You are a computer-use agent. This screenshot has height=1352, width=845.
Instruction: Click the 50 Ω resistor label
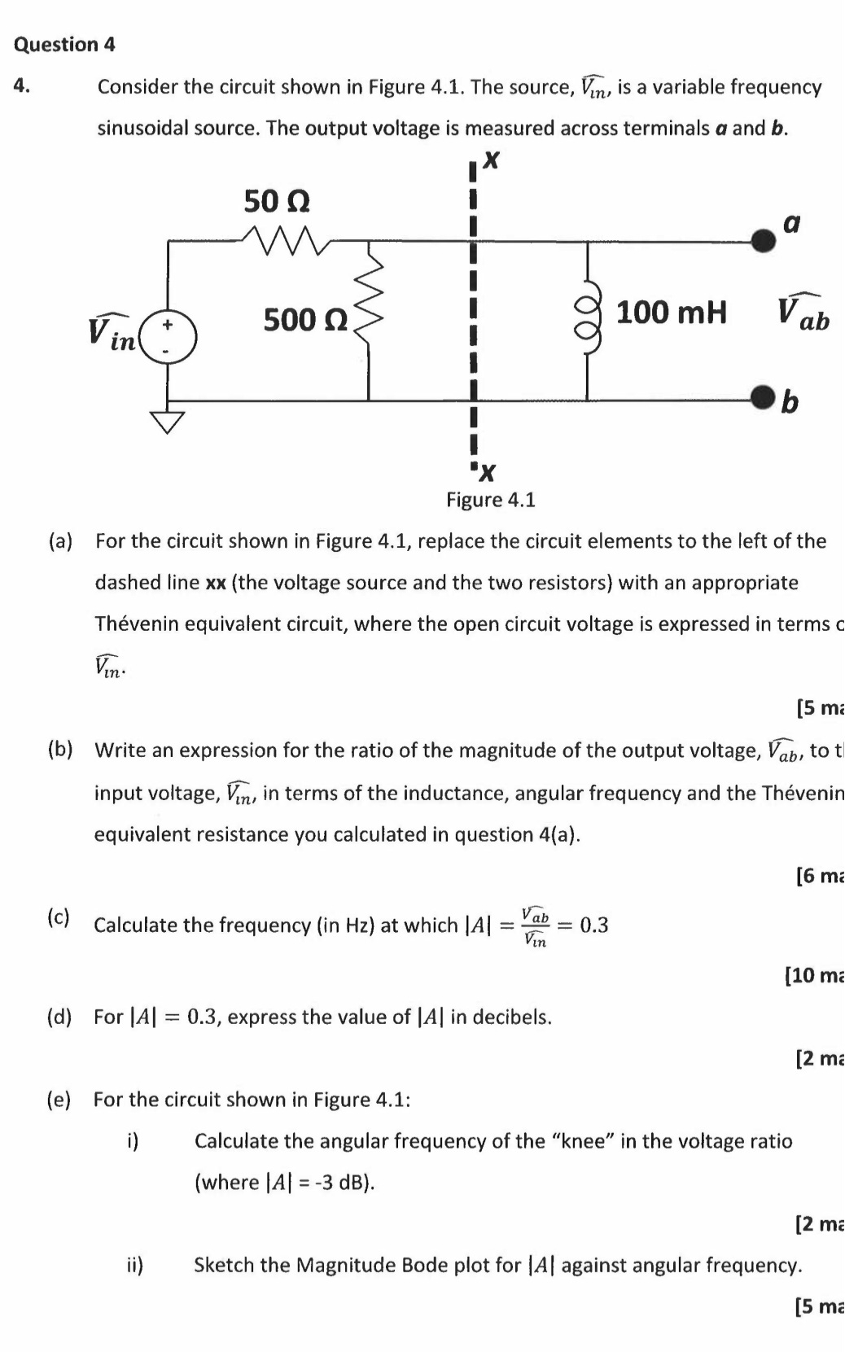277,200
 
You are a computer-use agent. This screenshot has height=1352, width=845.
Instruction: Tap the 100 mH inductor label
671,312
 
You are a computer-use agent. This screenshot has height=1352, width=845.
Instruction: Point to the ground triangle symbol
169,421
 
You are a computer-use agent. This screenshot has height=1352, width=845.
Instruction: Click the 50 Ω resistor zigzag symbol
285,237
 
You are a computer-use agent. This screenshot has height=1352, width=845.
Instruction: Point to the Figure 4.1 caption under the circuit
490,500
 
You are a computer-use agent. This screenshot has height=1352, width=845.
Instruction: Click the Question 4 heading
64,45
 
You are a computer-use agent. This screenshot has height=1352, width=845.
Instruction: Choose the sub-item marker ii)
135,1265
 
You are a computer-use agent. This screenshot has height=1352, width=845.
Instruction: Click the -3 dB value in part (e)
344,1182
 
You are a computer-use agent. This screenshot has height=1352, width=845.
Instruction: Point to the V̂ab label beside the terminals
803,314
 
